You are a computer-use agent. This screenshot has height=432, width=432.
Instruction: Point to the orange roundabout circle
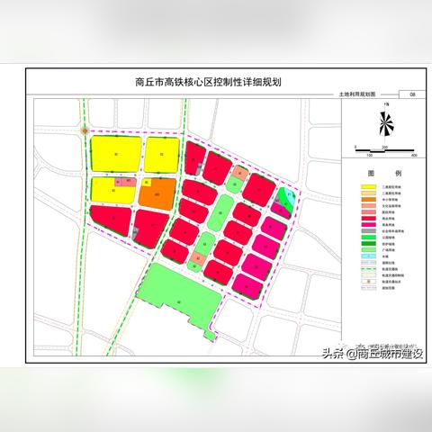click(83, 130)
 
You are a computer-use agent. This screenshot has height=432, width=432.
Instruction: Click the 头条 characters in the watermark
click(319, 354)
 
